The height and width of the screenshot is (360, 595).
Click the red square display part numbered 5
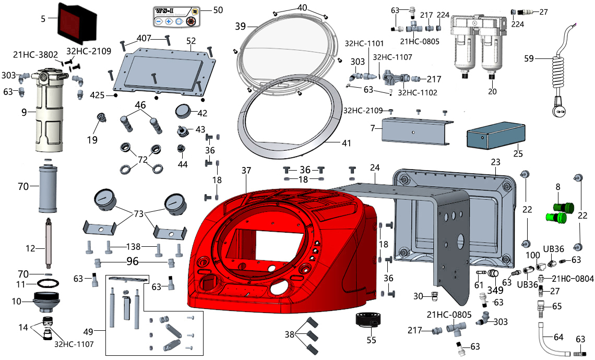pos(77,22)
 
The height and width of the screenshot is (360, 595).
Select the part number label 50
pos(218,9)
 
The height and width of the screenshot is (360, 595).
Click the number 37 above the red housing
pos(246,170)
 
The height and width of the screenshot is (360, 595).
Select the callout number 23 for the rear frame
pos(495,163)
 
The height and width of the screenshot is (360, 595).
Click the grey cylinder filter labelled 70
pos(47,189)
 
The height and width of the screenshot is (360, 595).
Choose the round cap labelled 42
pos(185,112)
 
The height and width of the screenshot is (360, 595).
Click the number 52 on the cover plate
pos(191,41)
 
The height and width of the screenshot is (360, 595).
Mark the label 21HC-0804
pos(573,279)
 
